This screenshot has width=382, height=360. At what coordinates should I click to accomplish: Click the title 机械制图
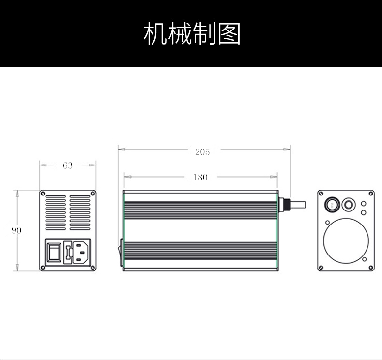[192, 33]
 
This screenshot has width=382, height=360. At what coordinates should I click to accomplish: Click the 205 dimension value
[202, 152]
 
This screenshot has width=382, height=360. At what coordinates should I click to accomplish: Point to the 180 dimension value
[200, 177]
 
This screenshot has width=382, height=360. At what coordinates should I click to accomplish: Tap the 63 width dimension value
[68, 165]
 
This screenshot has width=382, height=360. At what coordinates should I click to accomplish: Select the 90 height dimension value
[16, 230]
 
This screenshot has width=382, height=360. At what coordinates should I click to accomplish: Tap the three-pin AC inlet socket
[83, 252]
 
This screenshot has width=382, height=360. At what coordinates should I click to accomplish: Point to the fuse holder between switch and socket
[68, 252]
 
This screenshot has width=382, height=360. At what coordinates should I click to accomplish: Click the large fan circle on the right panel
[345, 240]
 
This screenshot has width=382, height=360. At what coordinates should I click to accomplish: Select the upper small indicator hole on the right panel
[363, 204]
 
